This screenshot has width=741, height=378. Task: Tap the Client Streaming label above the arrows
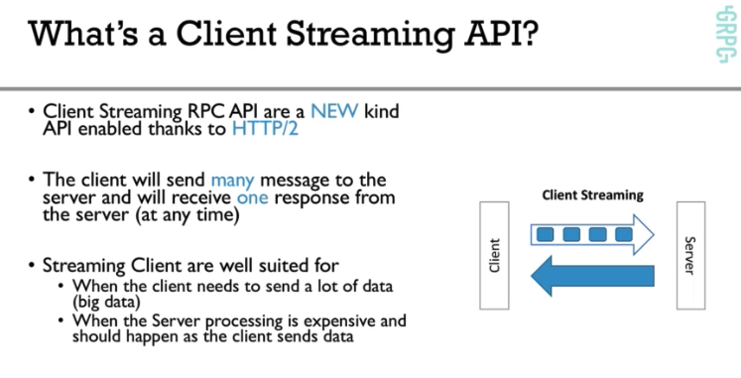(x=592, y=195)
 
